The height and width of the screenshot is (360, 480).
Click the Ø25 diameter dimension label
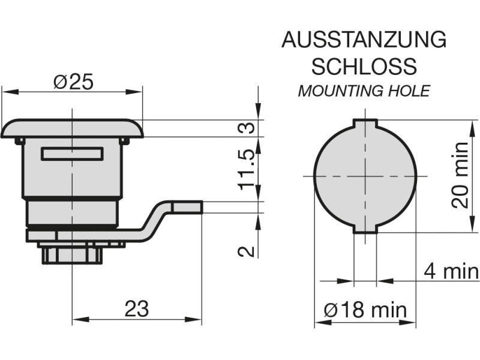tap(73, 82)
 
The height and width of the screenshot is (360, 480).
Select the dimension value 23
tap(136, 309)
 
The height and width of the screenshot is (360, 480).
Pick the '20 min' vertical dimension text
tap(460, 175)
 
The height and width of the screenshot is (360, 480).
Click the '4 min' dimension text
tap(451, 271)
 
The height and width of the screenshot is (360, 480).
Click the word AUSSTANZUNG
tap(364, 41)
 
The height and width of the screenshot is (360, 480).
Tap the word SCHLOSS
tap(364, 66)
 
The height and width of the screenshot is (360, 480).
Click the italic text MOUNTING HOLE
tap(364, 91)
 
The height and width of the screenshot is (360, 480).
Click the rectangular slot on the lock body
tap(71, 154)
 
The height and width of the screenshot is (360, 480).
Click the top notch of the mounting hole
tap(365, 124)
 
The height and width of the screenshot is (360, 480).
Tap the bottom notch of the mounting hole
tap(365, 229)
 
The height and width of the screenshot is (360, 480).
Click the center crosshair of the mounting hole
tap(365, 176)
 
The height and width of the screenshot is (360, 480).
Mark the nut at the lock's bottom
tap(72, 254)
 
